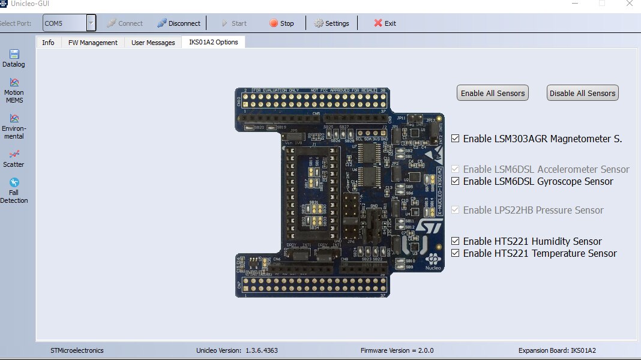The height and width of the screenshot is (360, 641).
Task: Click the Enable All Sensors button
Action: tap(493, 93)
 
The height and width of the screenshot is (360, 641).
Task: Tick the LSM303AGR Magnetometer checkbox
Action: tap(456, 139)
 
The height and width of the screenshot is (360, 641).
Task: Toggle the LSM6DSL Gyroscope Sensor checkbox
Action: tap(456, 181)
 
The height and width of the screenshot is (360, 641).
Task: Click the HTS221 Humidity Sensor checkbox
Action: tap(456, 241)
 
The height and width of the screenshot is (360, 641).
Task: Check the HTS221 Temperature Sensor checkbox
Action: tap(456, 253)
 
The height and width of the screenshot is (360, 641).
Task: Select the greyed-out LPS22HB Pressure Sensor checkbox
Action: tap(456, 210)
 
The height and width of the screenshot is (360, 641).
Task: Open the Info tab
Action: tap(48, 43)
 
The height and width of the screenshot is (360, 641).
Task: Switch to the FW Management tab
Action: tap(93, 43)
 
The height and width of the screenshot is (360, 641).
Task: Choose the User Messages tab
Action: tap(153, 43)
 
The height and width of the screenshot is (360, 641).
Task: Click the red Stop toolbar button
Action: tap(281, 23)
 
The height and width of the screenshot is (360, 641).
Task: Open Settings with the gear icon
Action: tap(331, 23)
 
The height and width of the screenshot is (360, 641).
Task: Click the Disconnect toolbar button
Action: tap(179, 23)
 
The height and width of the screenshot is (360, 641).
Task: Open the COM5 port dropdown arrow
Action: tap(91, 23)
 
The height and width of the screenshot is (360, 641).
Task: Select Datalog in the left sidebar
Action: tap(14, 58)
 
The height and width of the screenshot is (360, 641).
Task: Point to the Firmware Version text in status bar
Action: tap(397, 350)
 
